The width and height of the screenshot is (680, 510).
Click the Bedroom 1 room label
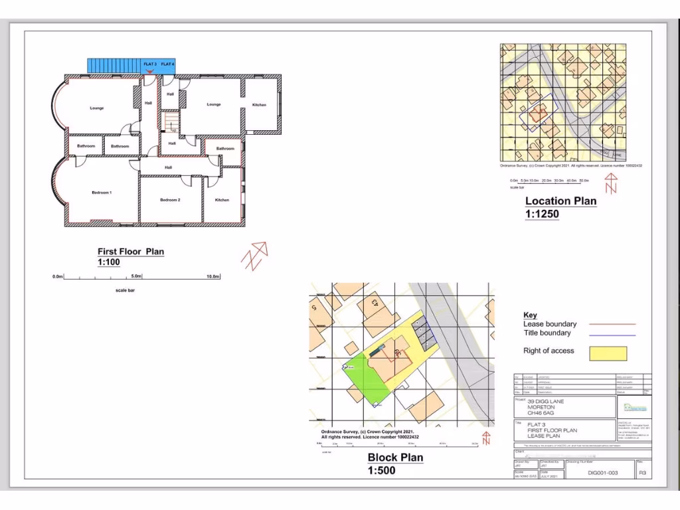pyautogui.click(x=102, y=193)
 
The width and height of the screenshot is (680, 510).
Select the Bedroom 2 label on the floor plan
pyautogui.click(x=170, y=199)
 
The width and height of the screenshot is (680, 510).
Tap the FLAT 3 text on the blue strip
pyautogui.click(x=150, y=64)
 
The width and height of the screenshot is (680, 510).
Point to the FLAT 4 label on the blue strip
pyautogui.click(x=167, y=64)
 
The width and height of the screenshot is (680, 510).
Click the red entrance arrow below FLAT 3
pyautogui.click(x=151, y=70)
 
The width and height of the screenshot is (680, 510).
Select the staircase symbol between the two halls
pyautogui.click(x=171, y=122)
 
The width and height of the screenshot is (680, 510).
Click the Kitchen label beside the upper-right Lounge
pyautogui.click(x=259, y=105)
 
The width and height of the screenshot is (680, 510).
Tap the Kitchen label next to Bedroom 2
pyautogui.click(x=222, y=199)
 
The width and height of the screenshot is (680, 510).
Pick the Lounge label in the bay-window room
pyautogui.click(x=97, y=108)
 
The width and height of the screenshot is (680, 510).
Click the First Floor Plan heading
pyautogui.click(x=131, y=252)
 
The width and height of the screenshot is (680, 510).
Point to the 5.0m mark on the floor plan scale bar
pyautogui.click(x=137, y=276)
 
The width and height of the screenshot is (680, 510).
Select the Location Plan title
pyautogui.click(x=560, y=201)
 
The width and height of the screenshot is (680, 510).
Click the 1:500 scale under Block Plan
pyautogui.click(x=381, y=471)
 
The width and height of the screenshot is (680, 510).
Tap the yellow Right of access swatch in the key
pyautogui.click(x=608, y=353)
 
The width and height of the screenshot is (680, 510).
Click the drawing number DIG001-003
pyautogui.click(x=603, y=473)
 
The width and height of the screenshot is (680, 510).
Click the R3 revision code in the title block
pyautogui.click(x=642, y=473)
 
